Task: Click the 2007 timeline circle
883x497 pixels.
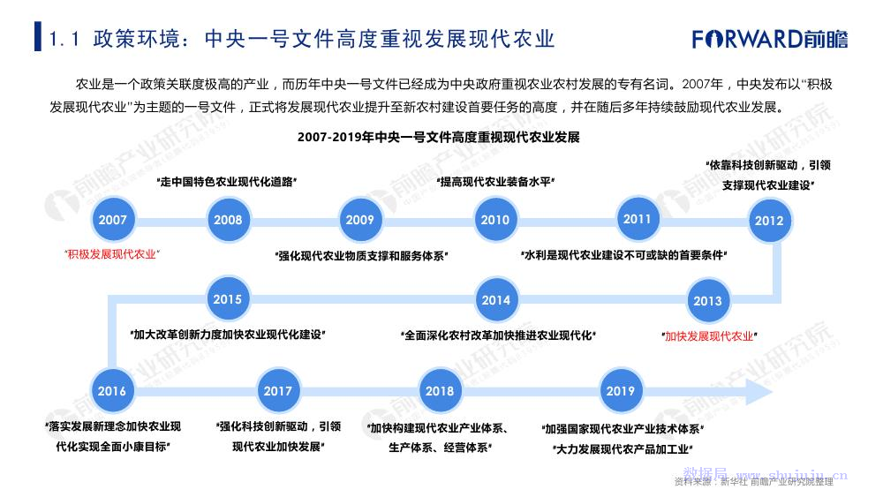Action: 112,220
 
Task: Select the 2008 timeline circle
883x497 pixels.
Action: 227,220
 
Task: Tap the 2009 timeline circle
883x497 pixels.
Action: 359,220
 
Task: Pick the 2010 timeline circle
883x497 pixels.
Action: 495,220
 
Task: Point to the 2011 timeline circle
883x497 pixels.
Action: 637,219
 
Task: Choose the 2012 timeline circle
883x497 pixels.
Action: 769,221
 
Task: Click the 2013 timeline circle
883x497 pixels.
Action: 707,300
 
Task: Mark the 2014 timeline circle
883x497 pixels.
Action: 495,300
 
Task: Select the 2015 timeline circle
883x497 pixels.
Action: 227,299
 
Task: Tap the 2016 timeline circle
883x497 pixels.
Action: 112,391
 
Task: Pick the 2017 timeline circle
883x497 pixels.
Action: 277,391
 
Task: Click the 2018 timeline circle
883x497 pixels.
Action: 439,391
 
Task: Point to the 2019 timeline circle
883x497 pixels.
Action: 620,391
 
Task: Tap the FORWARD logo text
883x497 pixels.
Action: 747,39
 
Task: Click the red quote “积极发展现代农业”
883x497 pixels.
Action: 112,253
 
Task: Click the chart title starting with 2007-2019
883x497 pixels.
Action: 438,138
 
